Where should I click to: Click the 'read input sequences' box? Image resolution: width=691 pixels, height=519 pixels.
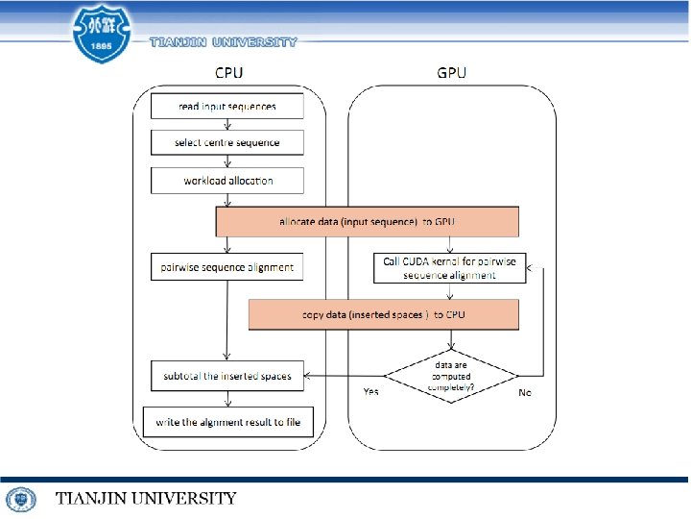click(226, 106)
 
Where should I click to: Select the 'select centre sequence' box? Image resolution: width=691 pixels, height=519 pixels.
click(226, 142)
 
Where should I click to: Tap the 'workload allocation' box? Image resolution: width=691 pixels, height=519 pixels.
click(226, 180)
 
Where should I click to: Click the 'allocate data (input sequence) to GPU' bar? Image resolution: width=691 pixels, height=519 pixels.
click(367, 222)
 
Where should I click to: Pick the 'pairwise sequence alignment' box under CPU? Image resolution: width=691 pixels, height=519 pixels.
click(226, 267)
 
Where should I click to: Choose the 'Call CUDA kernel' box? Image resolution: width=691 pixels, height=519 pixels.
click(449, 267)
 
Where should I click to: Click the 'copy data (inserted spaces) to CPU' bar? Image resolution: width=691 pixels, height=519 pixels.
click(383, 314)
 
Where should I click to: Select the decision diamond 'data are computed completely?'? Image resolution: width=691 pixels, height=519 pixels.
click(450, 376)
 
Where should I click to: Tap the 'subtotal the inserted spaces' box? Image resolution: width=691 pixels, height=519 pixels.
click(226, 376)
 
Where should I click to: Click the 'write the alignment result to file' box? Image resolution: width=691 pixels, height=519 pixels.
click(227, 422)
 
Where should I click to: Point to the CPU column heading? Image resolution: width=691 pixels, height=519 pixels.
click(227, 72)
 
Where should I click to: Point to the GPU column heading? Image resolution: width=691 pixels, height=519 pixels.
click(451, 72)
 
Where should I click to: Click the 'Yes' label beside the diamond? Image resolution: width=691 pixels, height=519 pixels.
click(370, 392)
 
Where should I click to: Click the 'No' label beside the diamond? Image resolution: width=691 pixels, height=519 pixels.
click(525, 392)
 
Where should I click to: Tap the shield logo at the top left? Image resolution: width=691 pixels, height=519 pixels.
click(102, 33)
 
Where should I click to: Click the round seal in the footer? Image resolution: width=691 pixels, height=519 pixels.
click(21, 499)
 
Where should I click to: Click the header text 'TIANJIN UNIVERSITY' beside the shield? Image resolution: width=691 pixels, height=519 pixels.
click(224, 41)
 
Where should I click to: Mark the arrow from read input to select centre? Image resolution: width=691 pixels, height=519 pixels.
click(226, 124)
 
